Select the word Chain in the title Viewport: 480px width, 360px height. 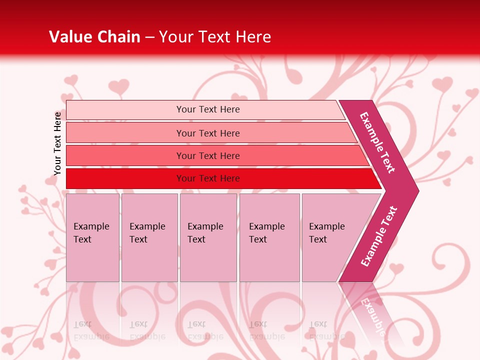tap(118, 36)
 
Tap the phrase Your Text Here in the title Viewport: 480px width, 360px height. tap(215, 36)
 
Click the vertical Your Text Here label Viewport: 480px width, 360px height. tap(57, 143)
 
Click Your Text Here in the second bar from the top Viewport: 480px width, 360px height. tap(208, 133)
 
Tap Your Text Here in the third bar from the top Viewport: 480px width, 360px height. tap(208, 156)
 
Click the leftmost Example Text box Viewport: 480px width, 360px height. tap(92, 237)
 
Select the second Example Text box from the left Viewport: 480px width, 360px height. tap(149, 237)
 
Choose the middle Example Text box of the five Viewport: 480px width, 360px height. tap(208, 237)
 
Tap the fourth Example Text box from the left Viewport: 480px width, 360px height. tap(269, 237)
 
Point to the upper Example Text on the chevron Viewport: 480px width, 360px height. tap(377, 142)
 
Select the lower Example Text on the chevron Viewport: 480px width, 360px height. tap(379, 236)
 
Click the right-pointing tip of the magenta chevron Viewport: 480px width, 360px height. tap(416, 191)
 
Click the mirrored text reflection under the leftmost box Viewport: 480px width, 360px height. tap(91, 330)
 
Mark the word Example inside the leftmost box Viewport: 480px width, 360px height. tap(91, 226)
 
